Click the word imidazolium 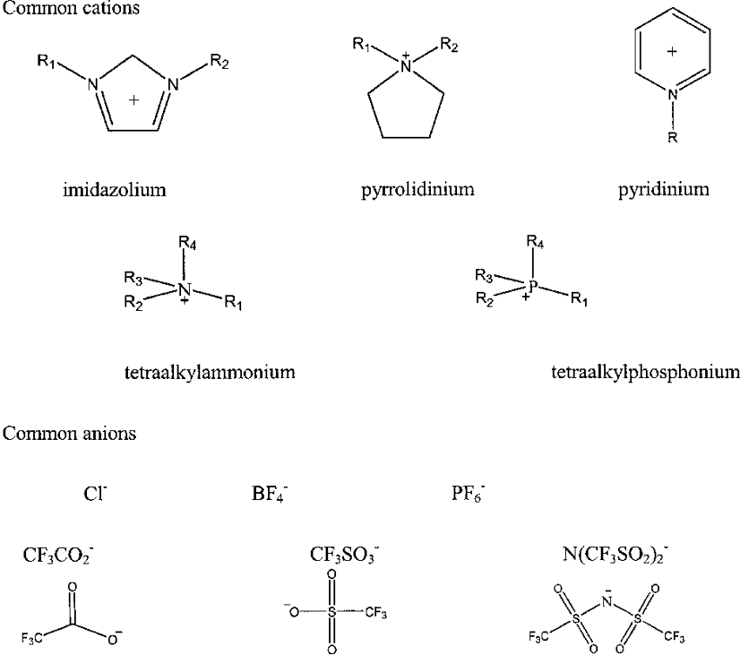(115, 190)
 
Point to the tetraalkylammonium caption (210, 373)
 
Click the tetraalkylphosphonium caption (646, 373)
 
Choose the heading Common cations (71, 8)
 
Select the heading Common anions (70, 434)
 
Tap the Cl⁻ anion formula (96, 494)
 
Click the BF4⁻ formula (270, 495)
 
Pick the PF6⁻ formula (468, 495)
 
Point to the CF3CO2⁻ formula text (58, 556)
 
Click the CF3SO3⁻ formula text (345, 556)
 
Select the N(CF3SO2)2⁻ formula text (616, 556)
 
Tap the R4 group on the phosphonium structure (535, 242)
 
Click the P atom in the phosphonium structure (533, 285)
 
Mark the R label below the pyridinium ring (672, 138)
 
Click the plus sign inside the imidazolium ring (134, 99)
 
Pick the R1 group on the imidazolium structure (47, 61)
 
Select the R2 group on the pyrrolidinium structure (449, 45)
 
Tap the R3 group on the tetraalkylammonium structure (133, 278)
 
